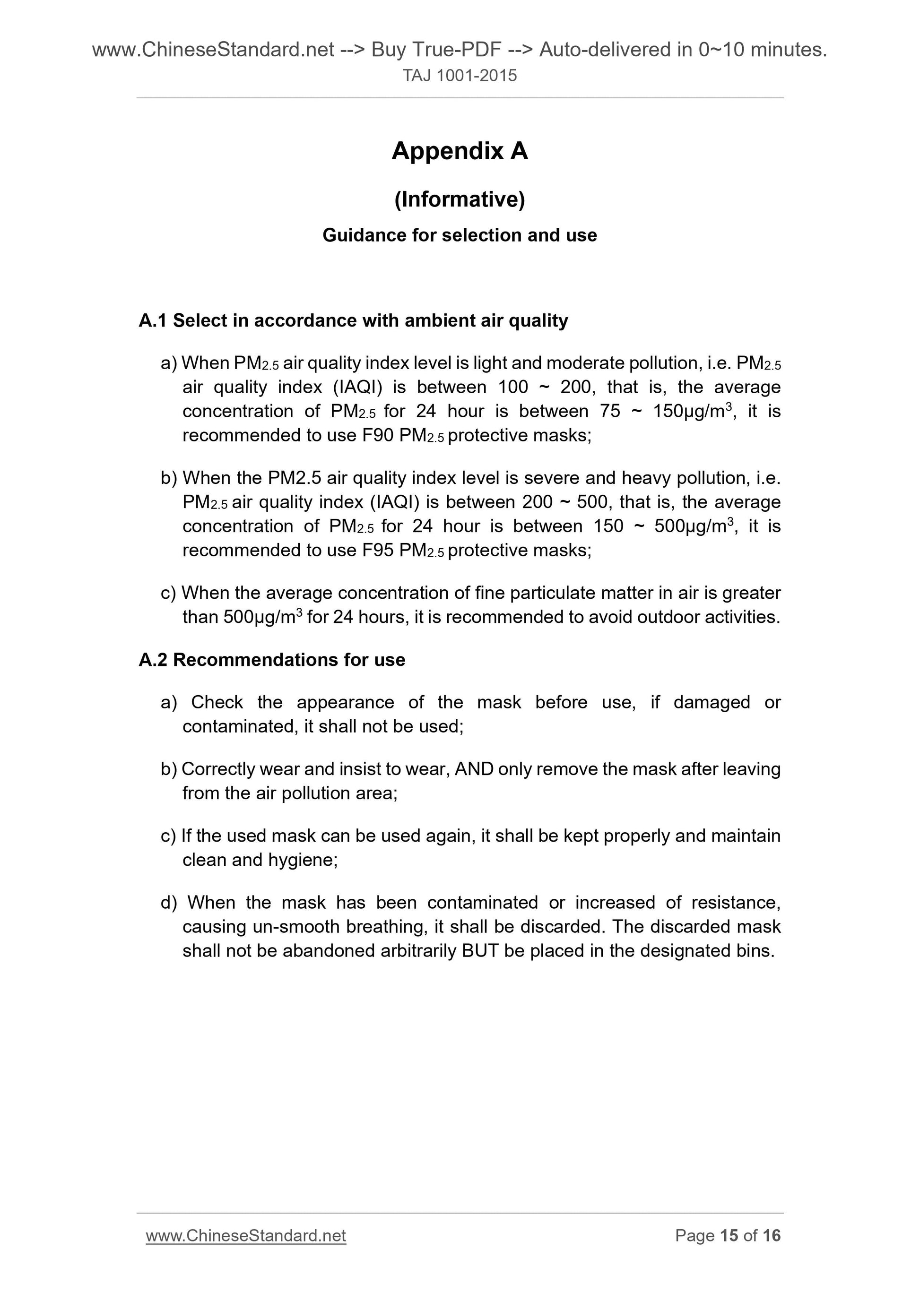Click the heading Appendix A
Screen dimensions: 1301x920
click(x=459, y=151)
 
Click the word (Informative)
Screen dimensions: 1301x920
click(x=460, y=199)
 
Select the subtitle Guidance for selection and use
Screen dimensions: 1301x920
click(x=459, y=235)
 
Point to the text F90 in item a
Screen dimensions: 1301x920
click(x=378, y=435)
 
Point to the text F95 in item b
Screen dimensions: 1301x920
click(x=378, y=550)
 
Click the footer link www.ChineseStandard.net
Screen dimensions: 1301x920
click(x=245, y=1236)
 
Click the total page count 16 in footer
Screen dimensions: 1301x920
click(x=772, y=1236)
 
